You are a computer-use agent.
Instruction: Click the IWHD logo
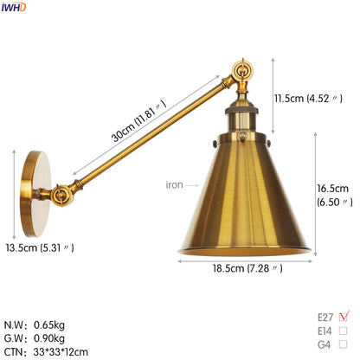tap(14, 7)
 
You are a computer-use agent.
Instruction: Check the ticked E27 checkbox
tap(344, 315)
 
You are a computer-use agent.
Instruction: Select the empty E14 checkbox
tap(344, 330)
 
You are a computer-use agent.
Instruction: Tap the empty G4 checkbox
tap(344, 344)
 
